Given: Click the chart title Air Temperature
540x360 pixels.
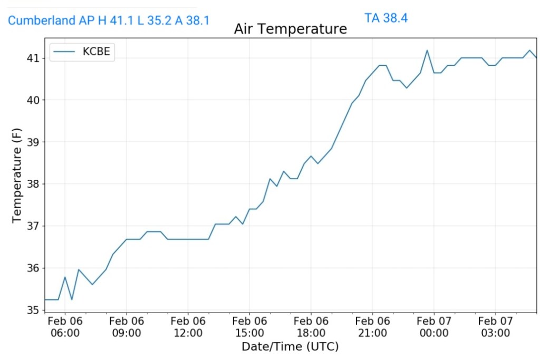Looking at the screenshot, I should (x=290, y=29).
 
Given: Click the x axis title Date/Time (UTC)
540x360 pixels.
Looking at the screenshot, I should (x=290, y=347).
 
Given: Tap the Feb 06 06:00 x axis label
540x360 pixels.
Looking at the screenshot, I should (x=65, y=327).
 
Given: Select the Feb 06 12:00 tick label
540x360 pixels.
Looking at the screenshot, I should (x=188, y=327).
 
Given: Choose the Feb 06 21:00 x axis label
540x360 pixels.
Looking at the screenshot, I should (x=372, y=327).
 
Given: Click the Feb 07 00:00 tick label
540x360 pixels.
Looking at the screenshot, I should (x=434, y=327).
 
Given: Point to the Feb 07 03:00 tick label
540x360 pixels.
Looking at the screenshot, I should (x=495, y=327).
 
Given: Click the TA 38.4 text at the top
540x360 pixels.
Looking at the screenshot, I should (x=385, y=18).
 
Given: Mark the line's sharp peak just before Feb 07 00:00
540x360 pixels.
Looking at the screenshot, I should (x=427, y=51).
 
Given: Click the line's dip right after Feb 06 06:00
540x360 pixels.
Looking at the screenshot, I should (x=72, y=299).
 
